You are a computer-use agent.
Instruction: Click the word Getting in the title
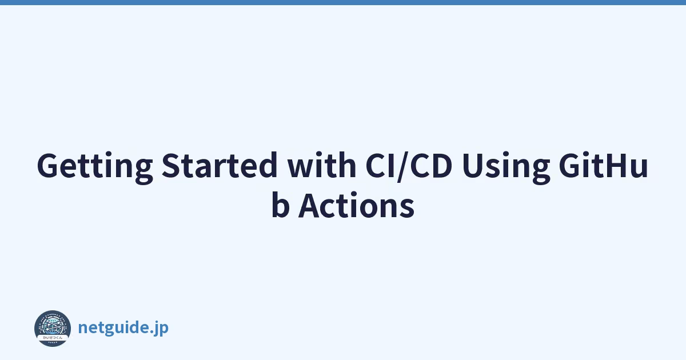tap(95, 167)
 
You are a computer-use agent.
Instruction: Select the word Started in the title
tap(220, 165)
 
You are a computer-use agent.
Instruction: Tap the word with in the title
tap(321, 165)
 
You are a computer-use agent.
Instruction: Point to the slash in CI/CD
tap(402, 167)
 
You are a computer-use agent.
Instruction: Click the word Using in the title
tap(506, 167)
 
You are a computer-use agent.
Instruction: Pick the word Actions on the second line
tap(357, 205)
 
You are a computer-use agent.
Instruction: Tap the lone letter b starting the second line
tap(281, 205)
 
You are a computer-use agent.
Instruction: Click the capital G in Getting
tap(48, 165)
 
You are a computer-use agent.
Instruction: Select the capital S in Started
tap(171, 165)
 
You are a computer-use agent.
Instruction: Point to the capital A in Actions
tap(310, 205)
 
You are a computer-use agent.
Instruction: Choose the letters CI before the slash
tap(380, 165)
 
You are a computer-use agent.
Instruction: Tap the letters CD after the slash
tap(432, 165)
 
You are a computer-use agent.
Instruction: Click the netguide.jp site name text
tap(123, 328)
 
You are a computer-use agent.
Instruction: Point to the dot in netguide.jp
tap(152, 331)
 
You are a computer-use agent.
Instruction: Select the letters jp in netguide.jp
tap(162, 329)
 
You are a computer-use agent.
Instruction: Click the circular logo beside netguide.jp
tap(53, 329)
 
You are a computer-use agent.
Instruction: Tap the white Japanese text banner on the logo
tap(53, 338)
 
